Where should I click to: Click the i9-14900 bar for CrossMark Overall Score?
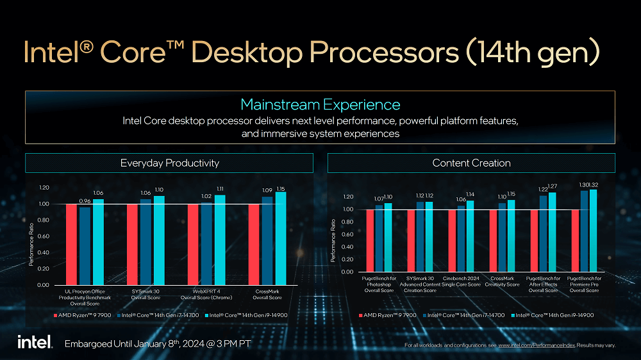(281, 238)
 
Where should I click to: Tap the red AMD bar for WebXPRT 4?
(193, 244)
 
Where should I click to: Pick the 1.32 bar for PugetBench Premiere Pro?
(593, 231)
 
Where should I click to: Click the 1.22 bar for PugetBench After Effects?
(543, 234)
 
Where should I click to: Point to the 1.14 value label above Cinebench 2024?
(470, 194)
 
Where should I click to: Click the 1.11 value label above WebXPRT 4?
(220, 189)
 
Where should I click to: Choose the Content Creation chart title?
(471, 163)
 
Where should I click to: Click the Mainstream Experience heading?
(320, 104)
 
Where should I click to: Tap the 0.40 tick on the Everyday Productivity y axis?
(43, 252)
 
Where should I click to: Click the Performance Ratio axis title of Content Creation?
(333, 241)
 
